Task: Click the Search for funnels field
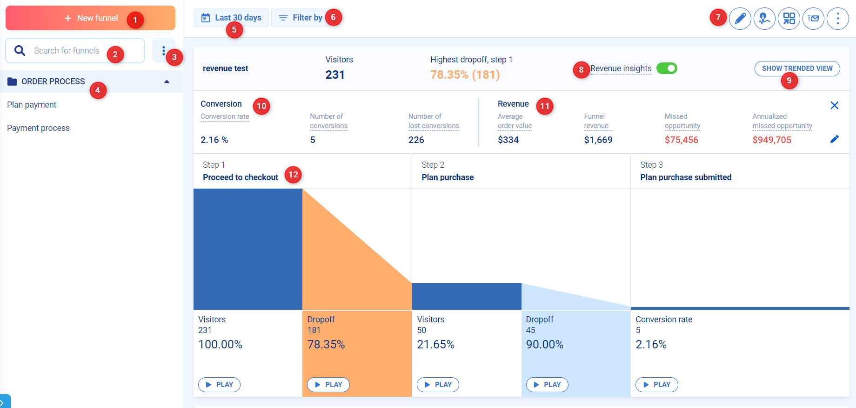[x=74, y=51]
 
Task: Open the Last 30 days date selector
[x=231, y=18]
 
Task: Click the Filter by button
[x=301, y=18]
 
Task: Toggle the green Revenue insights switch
[x=667, y=68]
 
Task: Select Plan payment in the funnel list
[x=32, y=105]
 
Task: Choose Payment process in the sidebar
[x=38, y=128]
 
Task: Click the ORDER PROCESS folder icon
[x=12, y=82]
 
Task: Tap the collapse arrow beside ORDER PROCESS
[x=167, y=82]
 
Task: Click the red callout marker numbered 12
[x=293, y=175]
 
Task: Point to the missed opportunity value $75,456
[x=681, y=140]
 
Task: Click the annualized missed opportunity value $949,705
[x=771, y=140]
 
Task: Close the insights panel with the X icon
[x=834, y=105]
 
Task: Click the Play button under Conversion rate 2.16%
[x=656, y=385]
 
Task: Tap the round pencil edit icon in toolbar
[x=740, y=19]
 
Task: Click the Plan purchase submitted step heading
[x=685, y=177]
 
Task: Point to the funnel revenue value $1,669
[x=598, y=140]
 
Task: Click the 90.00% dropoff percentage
[x=544, y=345]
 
